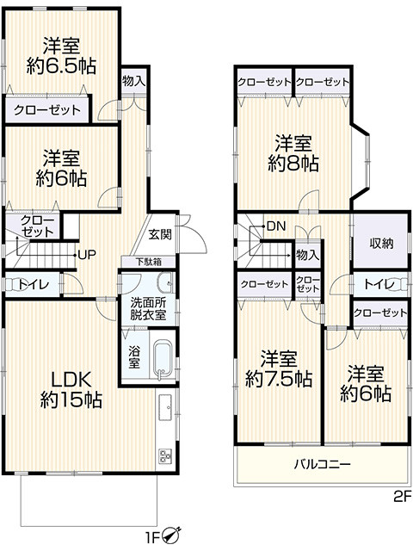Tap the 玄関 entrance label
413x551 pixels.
coord(160,234)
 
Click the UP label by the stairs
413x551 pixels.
coord(86,254)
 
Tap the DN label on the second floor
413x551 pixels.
coord(275,226)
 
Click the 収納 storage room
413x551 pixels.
coord(381,244)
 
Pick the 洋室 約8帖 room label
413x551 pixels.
coord(293,153)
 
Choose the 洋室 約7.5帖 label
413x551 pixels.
coord(278,368)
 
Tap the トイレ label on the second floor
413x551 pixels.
coord(379,284)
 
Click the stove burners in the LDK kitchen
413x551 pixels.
coord(165,456)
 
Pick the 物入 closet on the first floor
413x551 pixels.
coord(133,82)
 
